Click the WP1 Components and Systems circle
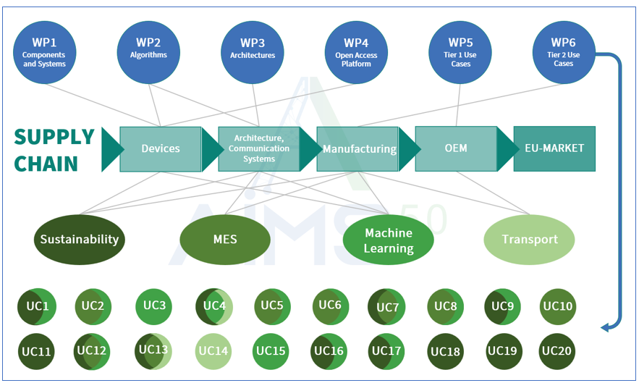point(43,52)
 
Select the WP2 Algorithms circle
point(148,52)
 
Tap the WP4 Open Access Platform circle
point(356,52)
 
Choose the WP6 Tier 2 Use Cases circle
point(564,52)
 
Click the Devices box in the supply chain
point(160,148)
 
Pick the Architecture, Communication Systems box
point(259,148)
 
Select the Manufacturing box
point(358,148)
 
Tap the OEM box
point(456,148)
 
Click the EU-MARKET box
point(554,148)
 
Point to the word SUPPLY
point(54,137)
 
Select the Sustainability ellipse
point(80,240)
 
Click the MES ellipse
point(224,240)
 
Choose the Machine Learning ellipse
point(389,240)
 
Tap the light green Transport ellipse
point(530,240)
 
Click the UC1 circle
point(36,307)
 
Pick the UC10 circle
point(557,307)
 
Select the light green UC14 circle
point(213,352)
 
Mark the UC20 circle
point(557,352)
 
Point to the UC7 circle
point(387,307)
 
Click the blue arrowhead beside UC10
point(606,327)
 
